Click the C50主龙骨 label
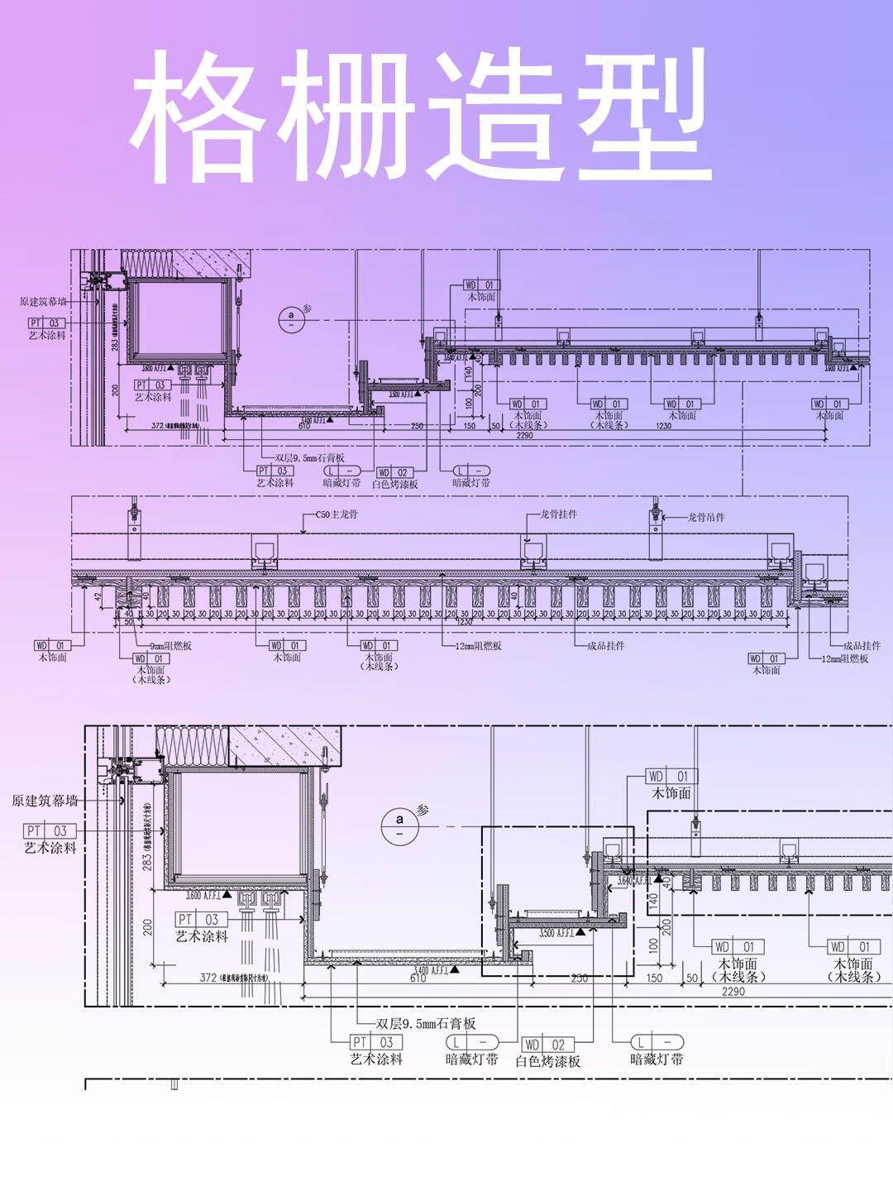337,514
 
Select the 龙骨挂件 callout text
559,514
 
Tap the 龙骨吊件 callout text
706,517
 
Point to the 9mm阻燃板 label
170,646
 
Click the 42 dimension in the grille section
98,595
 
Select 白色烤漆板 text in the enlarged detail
548,1061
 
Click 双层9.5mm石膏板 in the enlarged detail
426,1023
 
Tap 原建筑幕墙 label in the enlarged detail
45,801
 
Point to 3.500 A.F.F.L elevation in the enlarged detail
556,933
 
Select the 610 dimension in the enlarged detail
418,978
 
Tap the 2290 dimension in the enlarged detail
733,992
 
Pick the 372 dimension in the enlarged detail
208,978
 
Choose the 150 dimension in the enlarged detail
654,978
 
